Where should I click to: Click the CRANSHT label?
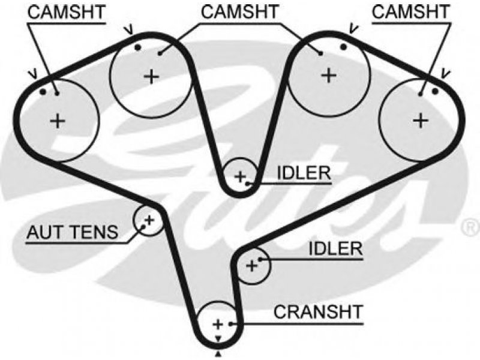(x=318, y=311)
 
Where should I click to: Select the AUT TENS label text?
(x=72, y=232)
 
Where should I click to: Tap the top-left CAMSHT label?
(x=67, y=12)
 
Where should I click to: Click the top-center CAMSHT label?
(x=239, y=12)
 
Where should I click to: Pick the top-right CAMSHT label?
(x=411, y=12)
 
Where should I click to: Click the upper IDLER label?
(x=304, y=173)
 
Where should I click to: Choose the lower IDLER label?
(x=335, y=248)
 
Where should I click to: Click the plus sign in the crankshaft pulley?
(x=218, y=324)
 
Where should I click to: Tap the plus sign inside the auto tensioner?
(x=149, y=220)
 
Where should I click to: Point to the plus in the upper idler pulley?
(x=240, y=176)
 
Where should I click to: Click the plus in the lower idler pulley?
(x=252, y=266)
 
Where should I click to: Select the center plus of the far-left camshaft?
(x=58, y=121)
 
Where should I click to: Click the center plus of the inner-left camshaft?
(x=152, y=76)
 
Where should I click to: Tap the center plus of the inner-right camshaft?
(x=329, y=76)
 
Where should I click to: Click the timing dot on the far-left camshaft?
(x=43, y=92)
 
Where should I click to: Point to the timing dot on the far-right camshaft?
(x=435, y=91)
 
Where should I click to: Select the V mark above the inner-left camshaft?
(x=129, y=30)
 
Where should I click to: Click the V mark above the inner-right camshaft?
(x=353, y=29)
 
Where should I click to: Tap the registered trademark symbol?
(x=471, y=227)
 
